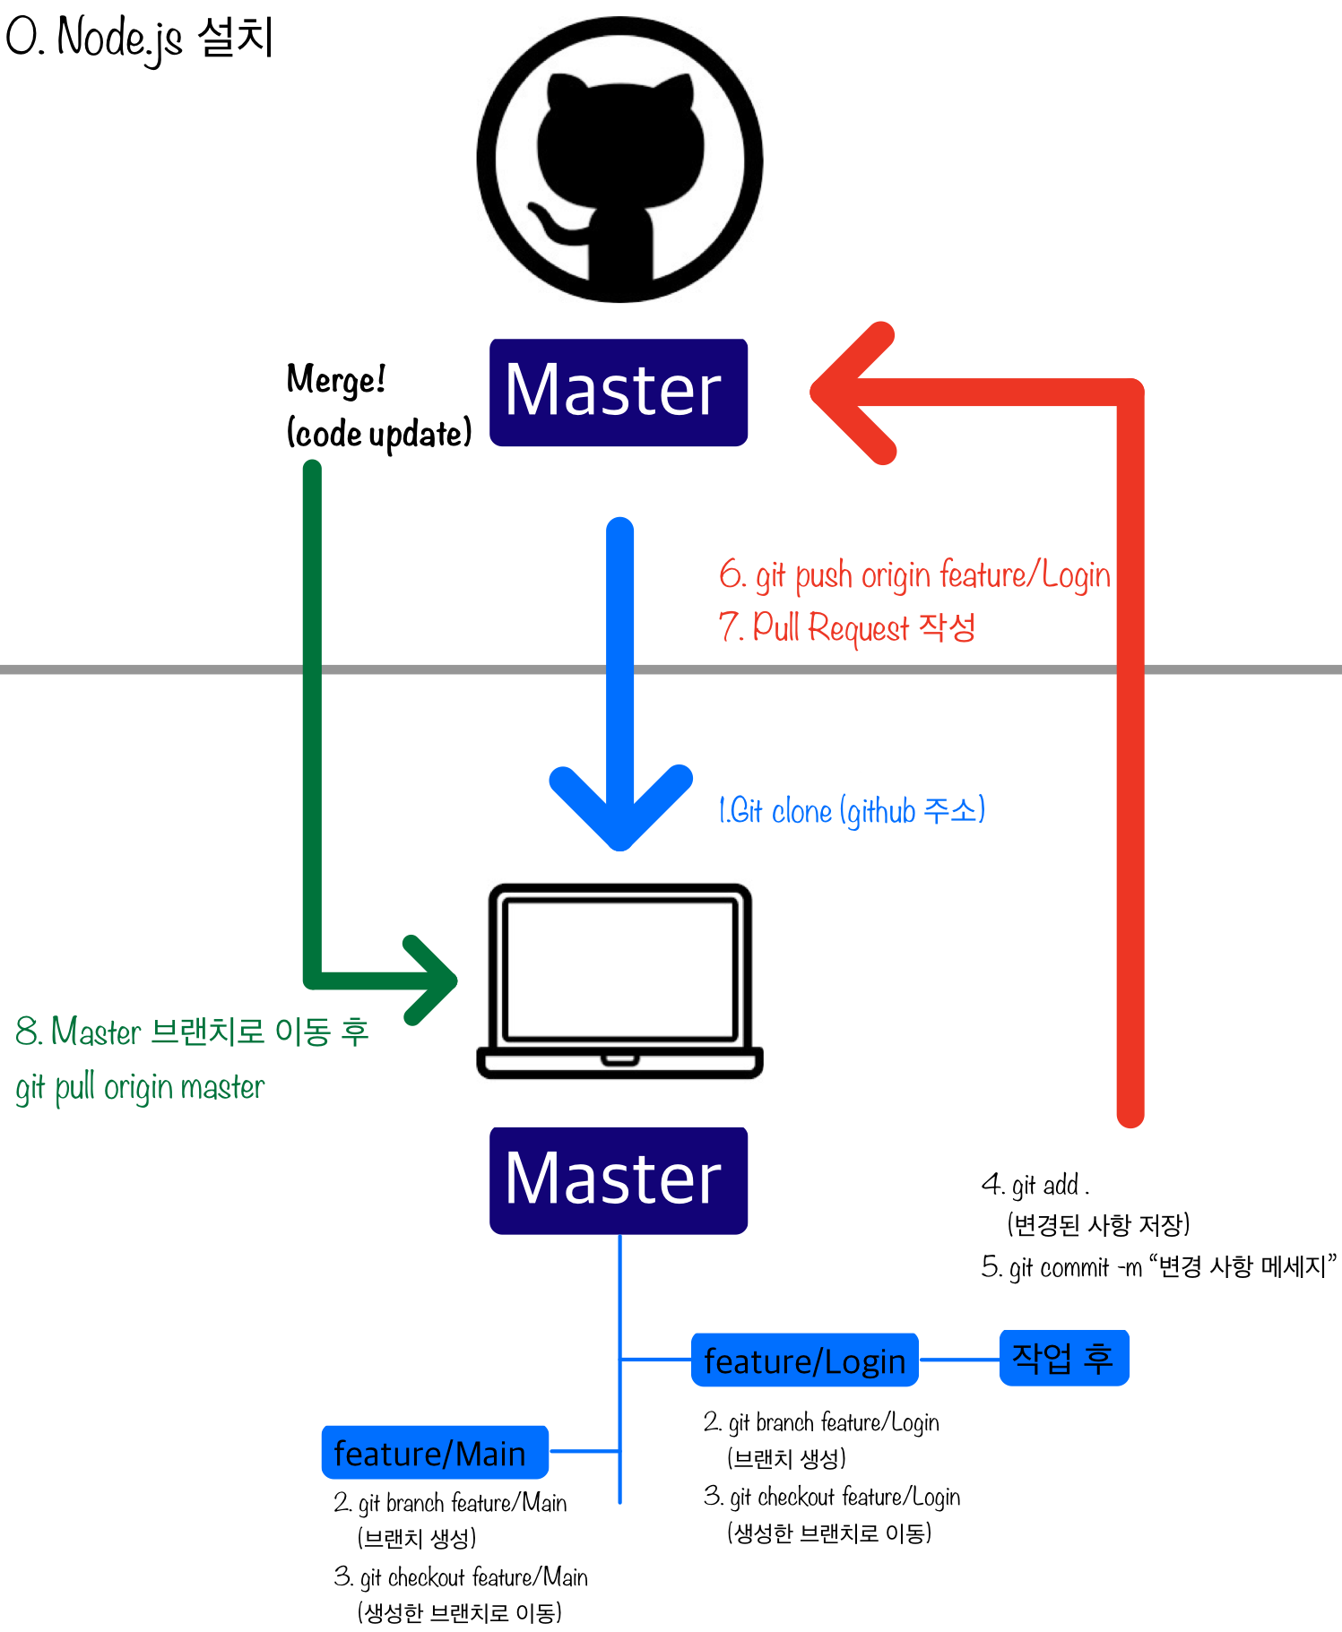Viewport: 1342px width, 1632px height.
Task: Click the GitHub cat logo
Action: pos(619,160)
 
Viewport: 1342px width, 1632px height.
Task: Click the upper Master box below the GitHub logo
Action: pos(618,392)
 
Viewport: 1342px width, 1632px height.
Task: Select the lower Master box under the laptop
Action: pos(618,1180)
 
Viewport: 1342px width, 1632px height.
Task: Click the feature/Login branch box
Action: pos(804,1360)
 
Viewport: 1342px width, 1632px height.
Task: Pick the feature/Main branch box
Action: pos(434,1452)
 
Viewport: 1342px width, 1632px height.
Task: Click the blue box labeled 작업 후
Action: pos(1063,1358)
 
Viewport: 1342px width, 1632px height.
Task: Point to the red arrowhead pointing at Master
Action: pos(847,393)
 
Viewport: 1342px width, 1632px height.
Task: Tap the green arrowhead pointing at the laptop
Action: pos(432,980)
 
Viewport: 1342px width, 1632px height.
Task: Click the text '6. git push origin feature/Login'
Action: pos(914,575)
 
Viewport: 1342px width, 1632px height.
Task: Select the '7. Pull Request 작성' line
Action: pos(847,626)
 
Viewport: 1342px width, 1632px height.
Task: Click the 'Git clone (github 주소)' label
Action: pos(852,810)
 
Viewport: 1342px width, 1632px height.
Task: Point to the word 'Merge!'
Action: pos(336,379)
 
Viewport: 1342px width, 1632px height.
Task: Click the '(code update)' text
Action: pos(378,434)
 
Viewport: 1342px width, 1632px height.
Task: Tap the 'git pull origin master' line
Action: pos(140,1087)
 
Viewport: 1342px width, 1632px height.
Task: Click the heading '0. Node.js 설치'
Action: pos(139,38)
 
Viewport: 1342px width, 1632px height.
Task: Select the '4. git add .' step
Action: pos(1036,1185)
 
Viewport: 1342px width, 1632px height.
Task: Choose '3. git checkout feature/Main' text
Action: pos(462,1576)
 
